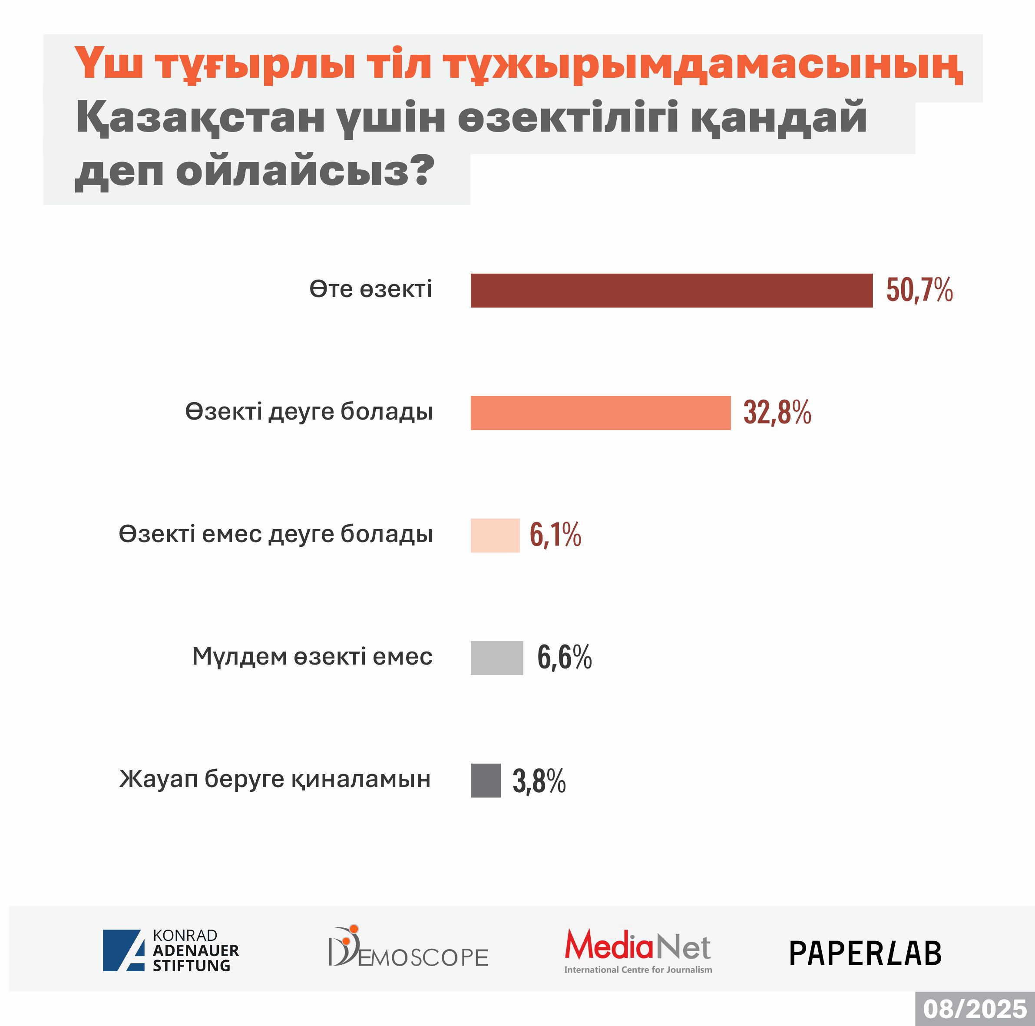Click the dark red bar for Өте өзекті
coord(671,291)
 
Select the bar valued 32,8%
coord(600,413)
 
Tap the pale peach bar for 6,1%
coord(495,535)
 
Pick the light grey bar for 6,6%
coord(496,658)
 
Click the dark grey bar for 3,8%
coord(485,780)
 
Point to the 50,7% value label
coord(919,291)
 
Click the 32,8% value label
coord(777,413)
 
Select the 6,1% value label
coord(555,535)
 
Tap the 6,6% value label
coord(564,658)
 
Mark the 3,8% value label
coord(539,781)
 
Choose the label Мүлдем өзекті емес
coord(312,657)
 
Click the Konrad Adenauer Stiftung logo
coord(171,950)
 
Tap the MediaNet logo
coord(638,950)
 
